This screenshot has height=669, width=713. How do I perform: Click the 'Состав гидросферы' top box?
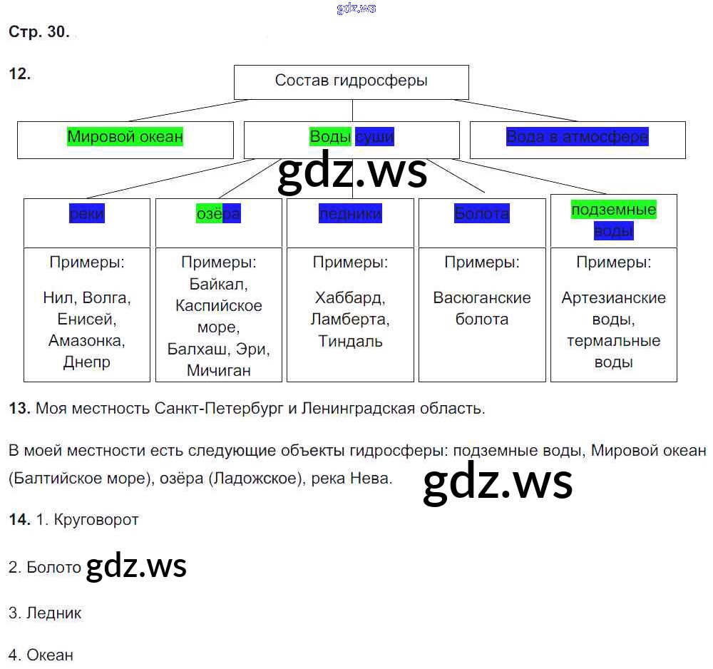351,81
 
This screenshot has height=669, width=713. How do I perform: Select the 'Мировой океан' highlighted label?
125,136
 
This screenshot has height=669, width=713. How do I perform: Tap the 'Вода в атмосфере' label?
577,136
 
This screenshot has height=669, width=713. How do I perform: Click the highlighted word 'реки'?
87,213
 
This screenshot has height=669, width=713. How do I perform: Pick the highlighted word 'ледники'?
350,213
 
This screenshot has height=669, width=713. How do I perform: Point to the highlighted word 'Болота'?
481,213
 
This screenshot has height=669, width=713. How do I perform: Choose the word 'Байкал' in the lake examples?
217,285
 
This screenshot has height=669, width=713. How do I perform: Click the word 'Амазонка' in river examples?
87,340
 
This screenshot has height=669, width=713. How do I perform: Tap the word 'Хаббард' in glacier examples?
349,297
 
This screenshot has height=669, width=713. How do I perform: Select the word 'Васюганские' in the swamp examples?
482,297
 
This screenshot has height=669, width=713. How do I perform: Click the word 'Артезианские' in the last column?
613,297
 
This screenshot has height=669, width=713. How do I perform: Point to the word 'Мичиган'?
218,370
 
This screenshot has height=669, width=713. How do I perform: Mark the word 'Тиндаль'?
350,341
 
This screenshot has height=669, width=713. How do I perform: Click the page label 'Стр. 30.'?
39,31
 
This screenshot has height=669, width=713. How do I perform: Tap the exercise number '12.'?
20,73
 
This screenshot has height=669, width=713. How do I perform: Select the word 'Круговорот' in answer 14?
96,520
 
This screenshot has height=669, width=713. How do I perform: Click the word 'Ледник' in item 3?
54,613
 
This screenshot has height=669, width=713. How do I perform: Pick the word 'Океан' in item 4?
50,655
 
